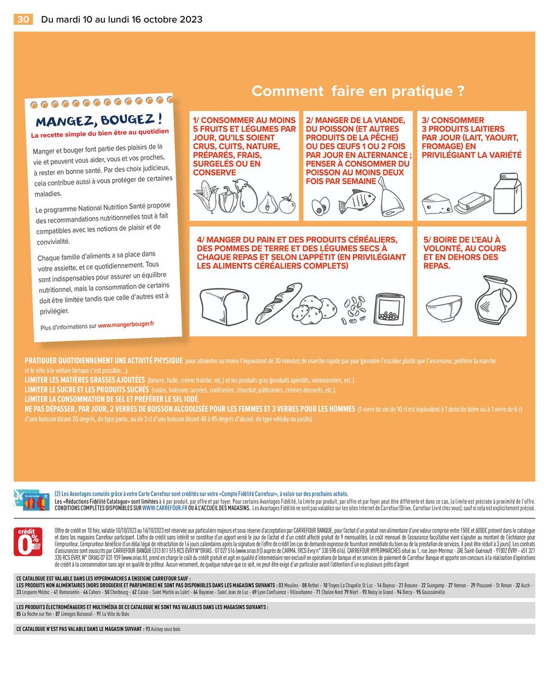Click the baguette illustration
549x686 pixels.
pos(278,302)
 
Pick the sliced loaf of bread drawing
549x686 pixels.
pos(223,305)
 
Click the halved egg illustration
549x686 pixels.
pos(320,205)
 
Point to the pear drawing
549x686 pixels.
pos(267,202)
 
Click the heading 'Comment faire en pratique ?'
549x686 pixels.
pos(358,91)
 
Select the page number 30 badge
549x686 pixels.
pos(23,20)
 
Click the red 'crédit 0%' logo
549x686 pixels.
pos(28,541)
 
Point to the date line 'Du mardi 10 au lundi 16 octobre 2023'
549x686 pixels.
pos(121,20)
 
